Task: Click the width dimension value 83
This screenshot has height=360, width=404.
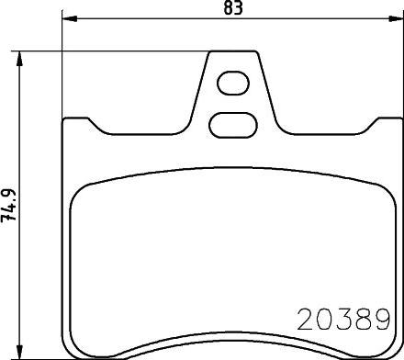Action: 233,7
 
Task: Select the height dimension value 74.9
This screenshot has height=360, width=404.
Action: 8,205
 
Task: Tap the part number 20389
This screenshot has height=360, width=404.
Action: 343,320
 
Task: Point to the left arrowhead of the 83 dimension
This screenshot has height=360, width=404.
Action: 70,19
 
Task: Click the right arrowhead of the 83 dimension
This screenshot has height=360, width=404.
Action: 396,19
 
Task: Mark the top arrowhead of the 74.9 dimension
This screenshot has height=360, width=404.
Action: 19,59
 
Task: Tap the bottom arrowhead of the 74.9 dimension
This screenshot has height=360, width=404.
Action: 19,352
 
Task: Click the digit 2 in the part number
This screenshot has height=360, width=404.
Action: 306,320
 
